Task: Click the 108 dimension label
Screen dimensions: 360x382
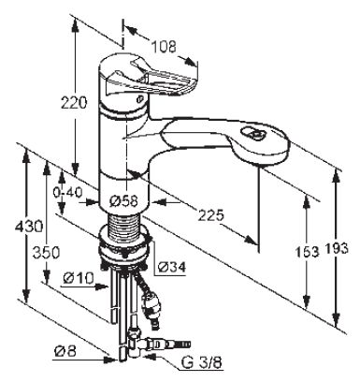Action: pyautogui.click(x=164, y=47)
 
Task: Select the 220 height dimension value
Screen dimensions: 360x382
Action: pyautogui.click(x=74, y=103)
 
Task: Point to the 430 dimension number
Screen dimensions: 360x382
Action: pyautogui.click(x=29, y=226)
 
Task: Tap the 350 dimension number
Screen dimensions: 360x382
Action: pyautogui.click(x=46, y=252)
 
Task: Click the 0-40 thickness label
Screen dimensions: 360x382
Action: pyautogui.click(x=67, y=193)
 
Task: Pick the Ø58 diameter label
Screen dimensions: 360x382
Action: pyautogui.click(x=123, y=201)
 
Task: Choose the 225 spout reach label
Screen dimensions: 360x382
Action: pyautogui.click(x=210, y=215)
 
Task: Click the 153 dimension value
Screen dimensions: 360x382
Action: pyautogui.click(x=307, y=252)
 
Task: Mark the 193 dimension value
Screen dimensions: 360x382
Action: pyautogui.click(x=337, y=248)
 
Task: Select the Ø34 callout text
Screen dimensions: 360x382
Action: pyautogui.click(x=172, y=267)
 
